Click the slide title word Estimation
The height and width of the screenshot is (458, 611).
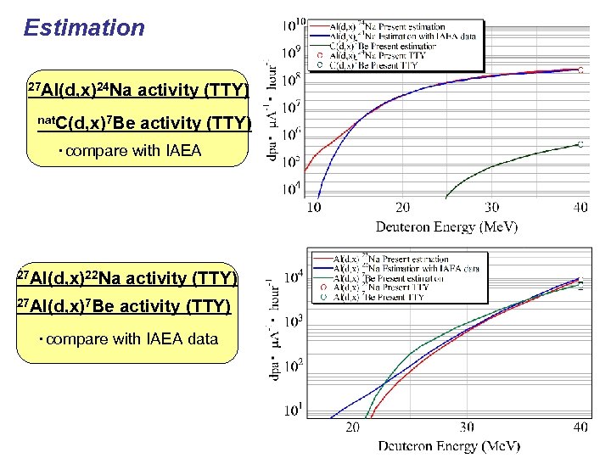click(85, 28)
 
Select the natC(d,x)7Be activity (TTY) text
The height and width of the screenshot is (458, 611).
click(145, 125)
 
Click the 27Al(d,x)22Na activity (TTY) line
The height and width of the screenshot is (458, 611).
click(128, 278)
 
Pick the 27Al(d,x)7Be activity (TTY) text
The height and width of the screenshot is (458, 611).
click(124, 306)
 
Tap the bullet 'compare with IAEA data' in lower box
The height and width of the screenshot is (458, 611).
click(127, 339)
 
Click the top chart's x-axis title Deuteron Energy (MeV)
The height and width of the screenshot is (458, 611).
click(446, 226)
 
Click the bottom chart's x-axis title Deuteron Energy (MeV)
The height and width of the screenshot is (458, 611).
click(449, 445)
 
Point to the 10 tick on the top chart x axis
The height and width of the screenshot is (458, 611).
click(313, 208)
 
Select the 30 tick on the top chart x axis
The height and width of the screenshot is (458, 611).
click(491, 208)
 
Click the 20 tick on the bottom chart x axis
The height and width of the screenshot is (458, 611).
click(352, 427)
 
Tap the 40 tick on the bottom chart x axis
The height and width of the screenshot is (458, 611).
click(580, 427)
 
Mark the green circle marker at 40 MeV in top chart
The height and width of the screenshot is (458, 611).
click(580, 144)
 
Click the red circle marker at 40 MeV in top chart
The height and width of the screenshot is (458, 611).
click(580, 70)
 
